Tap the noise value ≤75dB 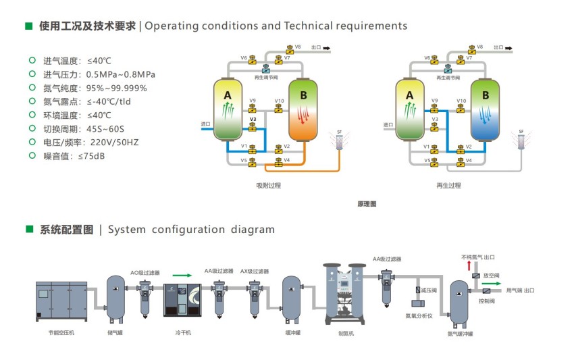point(91,156)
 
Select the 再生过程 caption point(448,184)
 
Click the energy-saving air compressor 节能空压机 point(61,301)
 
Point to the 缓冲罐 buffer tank point(292,295)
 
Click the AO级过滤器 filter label point(145,272)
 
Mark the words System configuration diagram point(191,230)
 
